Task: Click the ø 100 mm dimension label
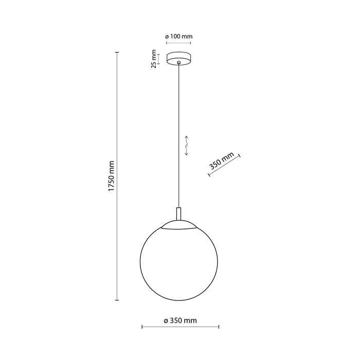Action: click(x=178, y=37)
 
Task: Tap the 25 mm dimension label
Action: click(x=154, y=59)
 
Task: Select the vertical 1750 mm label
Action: click(x=111, y=176)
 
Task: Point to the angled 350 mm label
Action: click(x=221, y=160)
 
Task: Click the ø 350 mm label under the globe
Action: click(x=180, y=320)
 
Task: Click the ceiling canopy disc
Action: click(x=178, y=59)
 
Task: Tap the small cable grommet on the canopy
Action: click(x=178, y=62)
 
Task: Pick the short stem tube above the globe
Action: click(x=178, y=214)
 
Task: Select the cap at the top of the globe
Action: click(x=179, y=225)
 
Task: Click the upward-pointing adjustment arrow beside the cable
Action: click(x=186, y=139)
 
